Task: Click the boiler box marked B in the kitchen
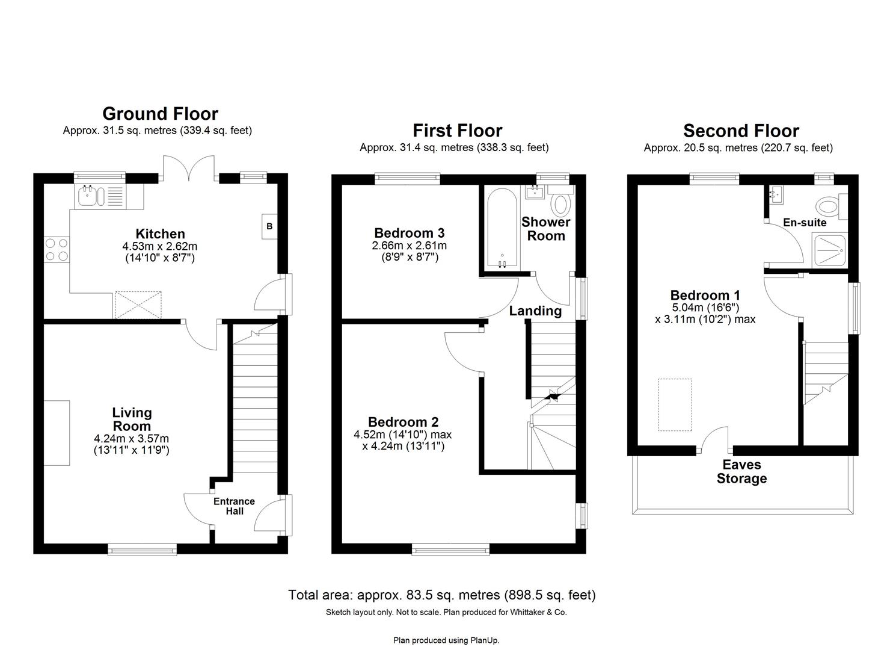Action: [x=269, y=227]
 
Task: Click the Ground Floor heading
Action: [x=160, y=114]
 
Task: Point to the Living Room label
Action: [x=132, y=419]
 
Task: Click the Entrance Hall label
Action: [x=234, y=506]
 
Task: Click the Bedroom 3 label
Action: [x=409, y=233]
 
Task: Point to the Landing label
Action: [x=535, y=311]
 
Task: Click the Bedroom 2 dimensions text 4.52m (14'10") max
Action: [x=402, y=435]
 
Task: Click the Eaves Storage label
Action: [x=741, y=472]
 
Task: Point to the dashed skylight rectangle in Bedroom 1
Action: [x=675, y=404]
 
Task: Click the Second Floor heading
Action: [x=741, y=131]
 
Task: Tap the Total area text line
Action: [x=442, y=595]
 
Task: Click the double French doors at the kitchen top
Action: [x=189, y=169]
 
